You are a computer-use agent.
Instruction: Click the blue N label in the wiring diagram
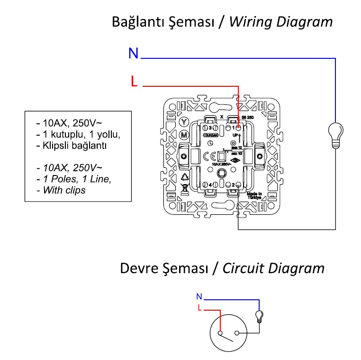(x=134, y=54)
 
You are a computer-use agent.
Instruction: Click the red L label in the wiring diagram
(x=134, y=82)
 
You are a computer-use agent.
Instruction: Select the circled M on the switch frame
(x=185, y=135)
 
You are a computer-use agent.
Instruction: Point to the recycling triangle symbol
(x=185, y=177)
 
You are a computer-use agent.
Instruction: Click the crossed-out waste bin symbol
(x=185, y=189)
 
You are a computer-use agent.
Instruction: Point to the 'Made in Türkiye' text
(x=254, y=196)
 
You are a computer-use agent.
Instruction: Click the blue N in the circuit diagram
(x=199, y=297)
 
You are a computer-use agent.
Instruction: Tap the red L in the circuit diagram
(x=199, y=308)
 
